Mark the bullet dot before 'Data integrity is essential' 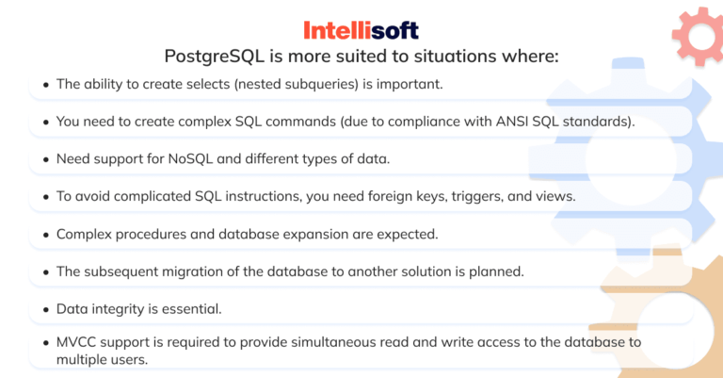click(x=44, y=309)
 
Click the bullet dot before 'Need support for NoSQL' click(x=44, y=159)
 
